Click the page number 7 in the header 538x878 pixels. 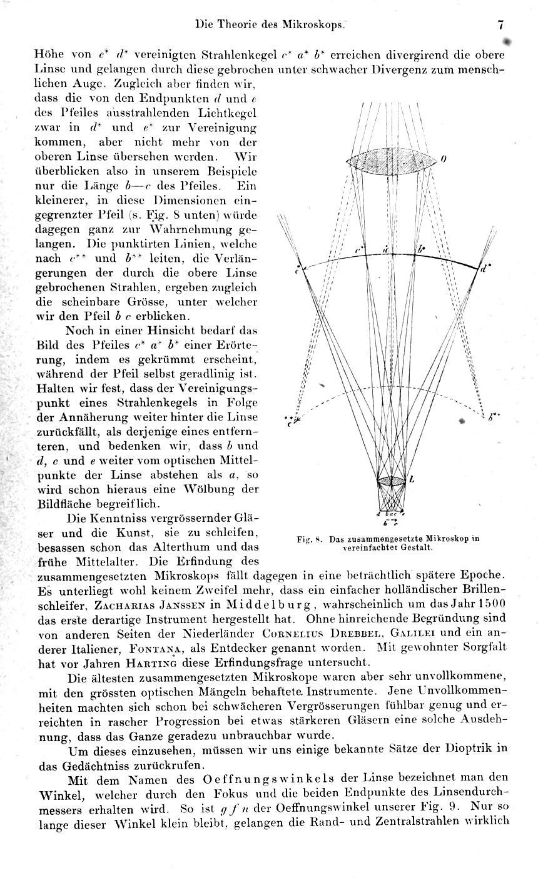tap(500, 25)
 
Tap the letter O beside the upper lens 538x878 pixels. tap(443, 159)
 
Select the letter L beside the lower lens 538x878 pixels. tap(411, 481)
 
